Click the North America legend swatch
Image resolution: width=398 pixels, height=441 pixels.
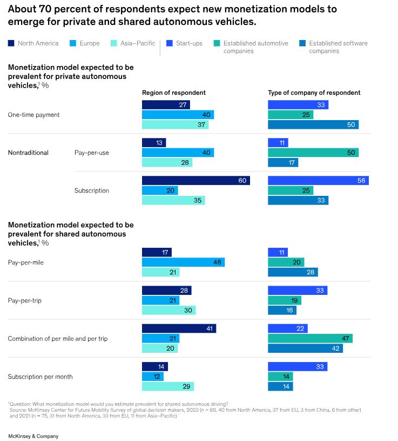(11, 43)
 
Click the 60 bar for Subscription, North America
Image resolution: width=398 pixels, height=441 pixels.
(195, 181)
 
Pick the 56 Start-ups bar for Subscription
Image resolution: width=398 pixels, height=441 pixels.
(318, 181)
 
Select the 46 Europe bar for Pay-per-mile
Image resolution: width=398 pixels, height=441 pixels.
(183, 262)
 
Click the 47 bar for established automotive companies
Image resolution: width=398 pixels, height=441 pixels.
(310, 338)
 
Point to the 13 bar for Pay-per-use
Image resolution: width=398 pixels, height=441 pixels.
(153, 143)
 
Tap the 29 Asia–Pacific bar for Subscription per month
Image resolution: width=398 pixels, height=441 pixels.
(167, 386)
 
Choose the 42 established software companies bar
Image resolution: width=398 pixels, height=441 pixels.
(305, 348)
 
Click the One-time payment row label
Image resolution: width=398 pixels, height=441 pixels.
(33, 115)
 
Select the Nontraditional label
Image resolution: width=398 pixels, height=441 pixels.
(28, 153)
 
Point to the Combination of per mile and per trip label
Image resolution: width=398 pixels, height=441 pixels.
(58, 338)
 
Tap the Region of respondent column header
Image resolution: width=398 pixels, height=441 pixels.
(173, 93)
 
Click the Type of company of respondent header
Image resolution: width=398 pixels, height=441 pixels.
(314, 93)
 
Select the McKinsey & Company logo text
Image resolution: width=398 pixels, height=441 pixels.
(33, 436)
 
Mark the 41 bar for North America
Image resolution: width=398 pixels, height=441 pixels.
(179, 328)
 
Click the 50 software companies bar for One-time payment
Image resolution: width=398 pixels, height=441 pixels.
(313, 125)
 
